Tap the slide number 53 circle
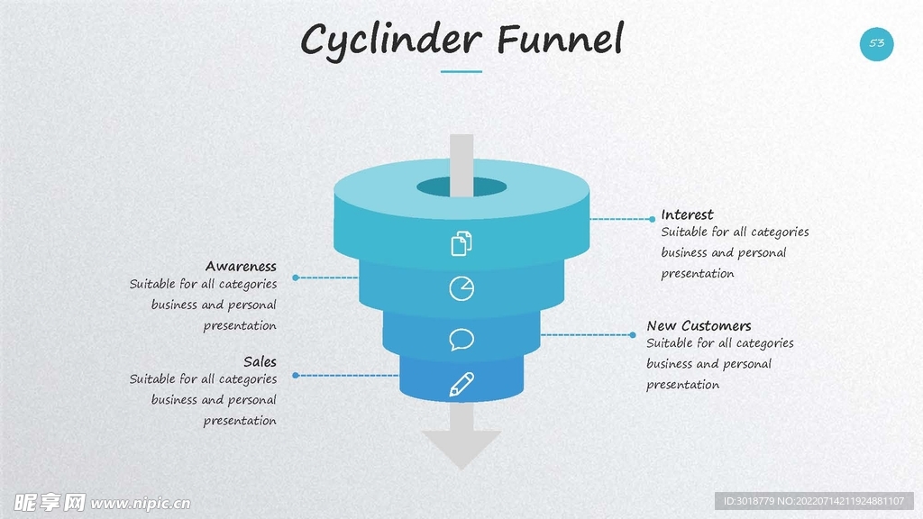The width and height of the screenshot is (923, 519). click(x=876, y=43)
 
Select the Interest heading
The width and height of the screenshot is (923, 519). click(x=687, y=214)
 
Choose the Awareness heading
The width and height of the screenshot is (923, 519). click(x=241, y=266)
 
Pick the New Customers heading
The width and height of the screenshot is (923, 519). click(x=699, y=325)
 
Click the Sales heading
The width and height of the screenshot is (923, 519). click(x=260, y=361)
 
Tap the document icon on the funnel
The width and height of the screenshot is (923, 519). click(x=461, y=243)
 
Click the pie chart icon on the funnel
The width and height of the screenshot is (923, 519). click(x=461, y=288)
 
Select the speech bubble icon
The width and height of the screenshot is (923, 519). click(x=461, y=339)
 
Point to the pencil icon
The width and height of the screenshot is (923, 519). click(x=461, y=385)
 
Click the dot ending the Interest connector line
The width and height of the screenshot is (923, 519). click(x=652, y=219)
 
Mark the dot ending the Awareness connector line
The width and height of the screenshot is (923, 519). click(x=295, y=278)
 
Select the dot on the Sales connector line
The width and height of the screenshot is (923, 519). click(x=295, y=375)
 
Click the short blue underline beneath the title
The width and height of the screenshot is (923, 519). click(x=461, y=71)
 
